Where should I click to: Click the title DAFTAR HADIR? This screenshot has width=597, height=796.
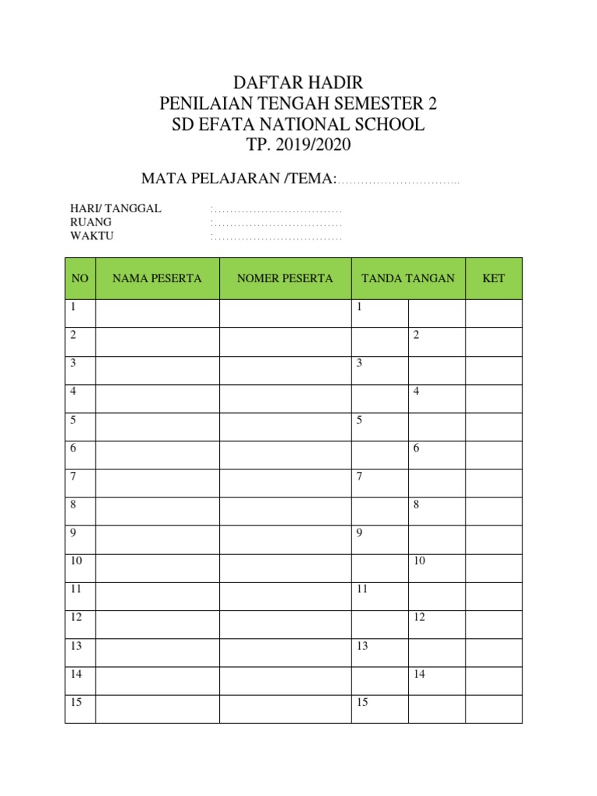tap(298, 83)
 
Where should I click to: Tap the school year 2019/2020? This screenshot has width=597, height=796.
tap(312, 145)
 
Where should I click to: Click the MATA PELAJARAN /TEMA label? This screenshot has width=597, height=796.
tap(239, 179)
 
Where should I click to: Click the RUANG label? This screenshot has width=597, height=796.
tap(91, 222)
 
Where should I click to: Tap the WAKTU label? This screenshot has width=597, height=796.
tap(92, 236)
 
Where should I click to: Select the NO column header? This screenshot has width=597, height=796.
tap(80, 278)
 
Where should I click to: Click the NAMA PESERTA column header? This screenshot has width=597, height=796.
tap(157, 278)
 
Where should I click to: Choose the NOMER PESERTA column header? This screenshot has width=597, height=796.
tap(285, 278)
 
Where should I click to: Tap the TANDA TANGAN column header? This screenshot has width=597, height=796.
tap(408, 278)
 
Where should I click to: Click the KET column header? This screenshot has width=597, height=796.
tap(494, 278)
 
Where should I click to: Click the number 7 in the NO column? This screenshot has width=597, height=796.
tap(73, 477)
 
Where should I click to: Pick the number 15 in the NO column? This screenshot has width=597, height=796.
tap(76, 703)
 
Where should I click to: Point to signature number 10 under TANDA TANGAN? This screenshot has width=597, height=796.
tap(419, 561)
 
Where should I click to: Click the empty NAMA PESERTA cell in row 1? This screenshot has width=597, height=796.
tap(157, 313)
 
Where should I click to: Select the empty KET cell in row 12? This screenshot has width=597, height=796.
tap(494, 624)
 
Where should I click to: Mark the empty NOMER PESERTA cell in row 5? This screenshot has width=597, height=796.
tap(285, 426)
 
